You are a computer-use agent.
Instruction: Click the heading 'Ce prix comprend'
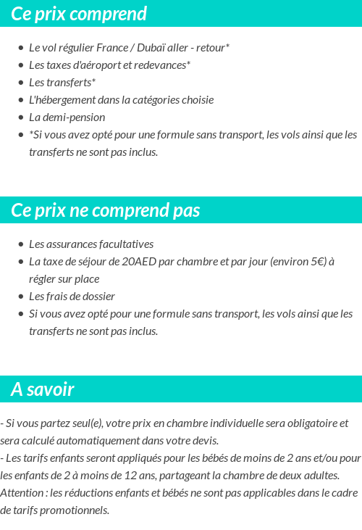click(x=79, y=14)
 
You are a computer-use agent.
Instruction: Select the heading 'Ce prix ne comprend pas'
click(x=105, y=210)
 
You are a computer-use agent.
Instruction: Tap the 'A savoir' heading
click(x=43, y=389)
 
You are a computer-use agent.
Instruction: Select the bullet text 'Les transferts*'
click(x=62, y=83)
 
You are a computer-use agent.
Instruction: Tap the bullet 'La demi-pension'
click(x=67, y=117)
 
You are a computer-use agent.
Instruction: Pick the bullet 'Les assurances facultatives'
click(x=91, y=244)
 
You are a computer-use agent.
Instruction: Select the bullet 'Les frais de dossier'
click(x=72, y=297)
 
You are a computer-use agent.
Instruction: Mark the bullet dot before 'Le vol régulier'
click(x=21, y=48)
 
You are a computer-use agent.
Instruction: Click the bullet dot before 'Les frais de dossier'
click(x=21, y=297)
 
